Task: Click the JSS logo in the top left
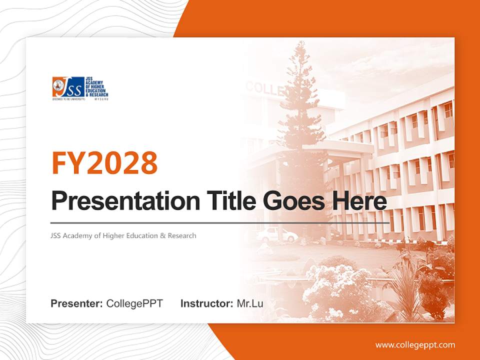coord(80,88)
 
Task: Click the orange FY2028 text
coord(104,162)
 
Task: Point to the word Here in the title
coord(360,201)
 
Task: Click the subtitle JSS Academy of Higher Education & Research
coord(123,235)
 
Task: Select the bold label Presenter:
coord(77,303)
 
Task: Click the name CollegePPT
coord(134,303)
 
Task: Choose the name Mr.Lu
coord(250,303)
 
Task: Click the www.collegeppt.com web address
coord(415,344)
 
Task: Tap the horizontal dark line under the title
coord(220,222)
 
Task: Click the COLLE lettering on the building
coord(265,89)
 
